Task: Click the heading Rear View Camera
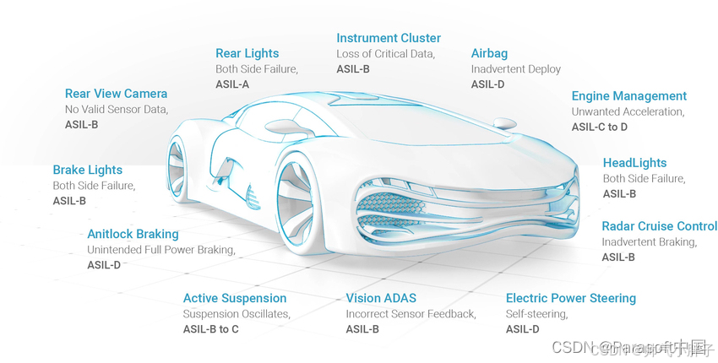pos(116,94)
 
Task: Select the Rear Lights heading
pos(247,54)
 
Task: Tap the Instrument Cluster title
pos(389,38)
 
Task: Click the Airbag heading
pos(489,53)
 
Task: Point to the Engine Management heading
pos(628,96)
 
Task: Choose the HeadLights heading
pos(634,163)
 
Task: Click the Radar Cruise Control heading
pos(659,226)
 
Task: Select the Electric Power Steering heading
pos(570,298)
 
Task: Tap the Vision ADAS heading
pos(381,298)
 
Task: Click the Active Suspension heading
pos(235,298)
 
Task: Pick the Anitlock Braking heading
pos(133,234)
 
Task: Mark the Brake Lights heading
pos(87,170)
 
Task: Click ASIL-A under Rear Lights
pos(232,84)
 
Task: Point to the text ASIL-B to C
pos(211,329)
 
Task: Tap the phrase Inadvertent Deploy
pos(515,69)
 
